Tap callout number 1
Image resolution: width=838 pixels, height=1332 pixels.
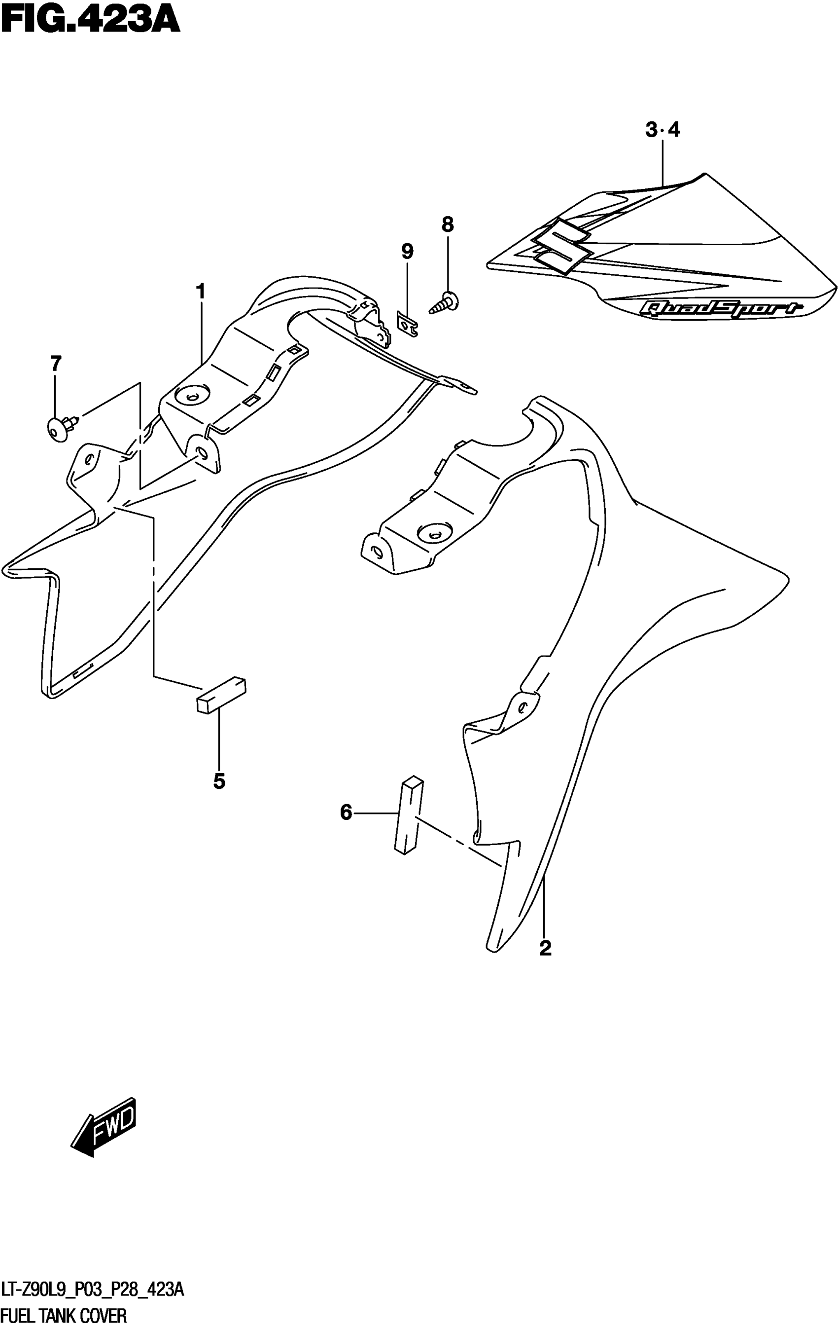pos(201,291)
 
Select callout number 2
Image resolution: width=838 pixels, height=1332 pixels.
pos(545,948)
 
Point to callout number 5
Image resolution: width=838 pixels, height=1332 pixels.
pos(219,781)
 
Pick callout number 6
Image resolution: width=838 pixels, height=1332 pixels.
pos(346,813)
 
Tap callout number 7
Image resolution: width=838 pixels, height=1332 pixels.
pos(55,364)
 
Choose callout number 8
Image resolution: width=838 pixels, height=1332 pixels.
pos(447,224)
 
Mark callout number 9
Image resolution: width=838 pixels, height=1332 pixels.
pos(407,252)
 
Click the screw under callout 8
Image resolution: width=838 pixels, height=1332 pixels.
pos(446,302)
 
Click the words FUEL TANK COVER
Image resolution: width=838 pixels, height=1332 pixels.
pos(65,1315)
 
